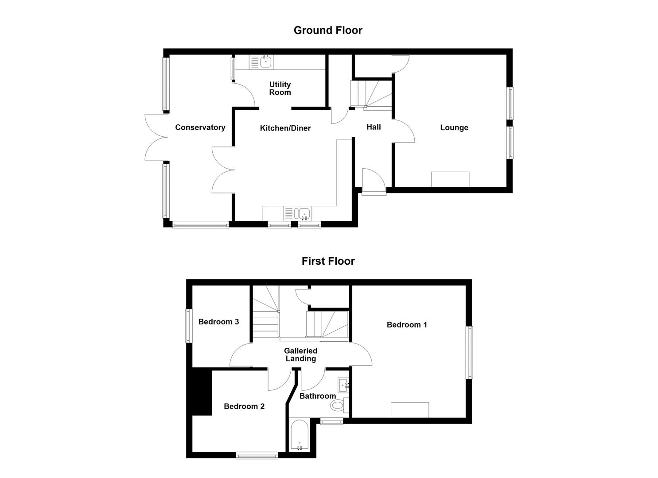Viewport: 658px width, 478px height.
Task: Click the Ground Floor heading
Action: click(x=328, y=30)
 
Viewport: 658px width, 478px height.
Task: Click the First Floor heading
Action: click(x=328, y=261)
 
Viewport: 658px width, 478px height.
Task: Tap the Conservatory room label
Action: click(x=200, y=127)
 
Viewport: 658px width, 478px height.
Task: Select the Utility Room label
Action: click(x=280, y=88)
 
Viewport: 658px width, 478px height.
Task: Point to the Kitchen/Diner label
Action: click(x=285, y=128)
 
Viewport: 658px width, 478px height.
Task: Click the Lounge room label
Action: click(x=454, y=128)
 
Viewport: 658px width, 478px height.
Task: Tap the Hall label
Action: click(x=374, y=127)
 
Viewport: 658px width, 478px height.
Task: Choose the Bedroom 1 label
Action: click(x=407, y=325)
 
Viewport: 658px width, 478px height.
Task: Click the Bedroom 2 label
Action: click(x=244, y=406)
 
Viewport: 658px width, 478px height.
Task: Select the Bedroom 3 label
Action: click(x=218, y=322)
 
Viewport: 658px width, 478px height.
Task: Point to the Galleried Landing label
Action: click(x=300, y=355)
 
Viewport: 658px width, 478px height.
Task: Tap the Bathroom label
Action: click(x=317, y=396)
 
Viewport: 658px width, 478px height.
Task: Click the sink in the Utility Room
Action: click(x=265, y=62)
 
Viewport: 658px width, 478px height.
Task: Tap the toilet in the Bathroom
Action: click(x=338, y=405)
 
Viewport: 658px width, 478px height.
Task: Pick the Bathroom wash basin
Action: click(x=343, y=385)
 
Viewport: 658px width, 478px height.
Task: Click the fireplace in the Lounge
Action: click(x=450, y=179)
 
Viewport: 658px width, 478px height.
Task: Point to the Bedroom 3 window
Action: click(x=188, y=325)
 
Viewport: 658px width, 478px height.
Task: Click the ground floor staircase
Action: click(x=371, y=94)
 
